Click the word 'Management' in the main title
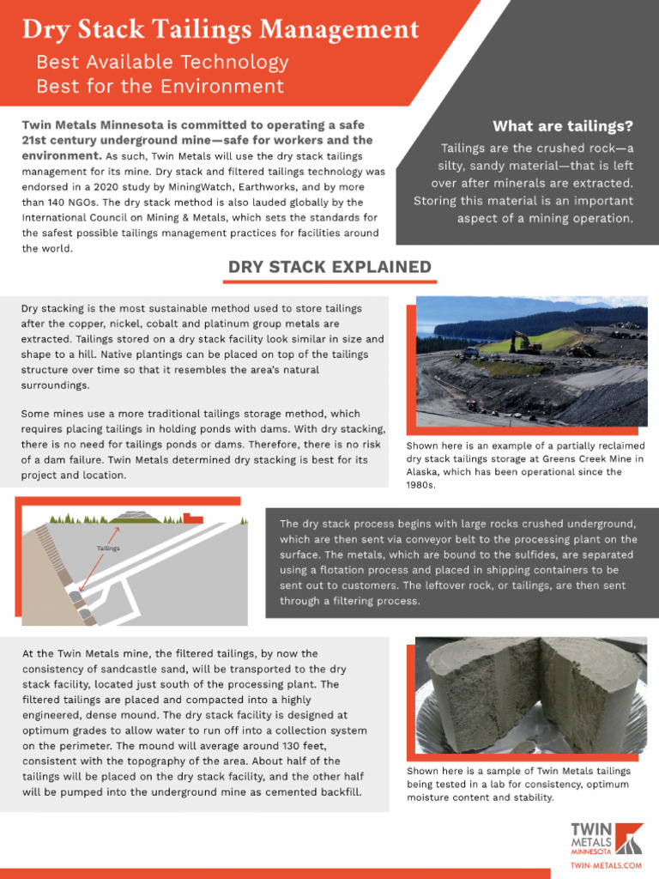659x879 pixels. coord(339,30)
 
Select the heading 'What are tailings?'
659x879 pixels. coord(562,127)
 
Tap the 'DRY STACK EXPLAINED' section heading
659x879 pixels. coord(329,267)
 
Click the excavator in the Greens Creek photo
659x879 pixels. coord(524,343)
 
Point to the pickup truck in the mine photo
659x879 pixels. coord(471,353)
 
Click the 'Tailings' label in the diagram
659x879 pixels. coord(108,548)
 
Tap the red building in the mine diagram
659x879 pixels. coord(194,520)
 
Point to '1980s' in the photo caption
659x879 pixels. coord(421,485)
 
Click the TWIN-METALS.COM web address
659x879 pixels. coord(606,866)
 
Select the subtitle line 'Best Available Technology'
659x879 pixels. coord(162,63)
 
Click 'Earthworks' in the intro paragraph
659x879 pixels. coord(299,186)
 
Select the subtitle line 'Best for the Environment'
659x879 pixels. coord(160,87)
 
